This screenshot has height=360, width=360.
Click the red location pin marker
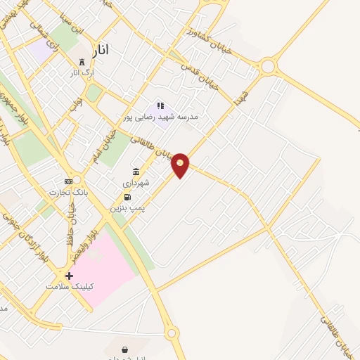click(181, 165)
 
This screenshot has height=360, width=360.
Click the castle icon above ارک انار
click(82, 62)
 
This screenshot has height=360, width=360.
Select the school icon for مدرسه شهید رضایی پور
click(160, 106)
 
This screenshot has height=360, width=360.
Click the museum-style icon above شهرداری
click(136, 172)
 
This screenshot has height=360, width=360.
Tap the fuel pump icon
click(127, 197)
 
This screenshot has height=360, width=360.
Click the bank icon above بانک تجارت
click(68, 181)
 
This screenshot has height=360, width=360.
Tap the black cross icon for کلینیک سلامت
click(69, 276)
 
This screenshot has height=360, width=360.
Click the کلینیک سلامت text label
click(70, 286)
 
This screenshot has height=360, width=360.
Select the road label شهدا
click(242, 95)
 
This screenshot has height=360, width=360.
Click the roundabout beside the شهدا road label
click(267, 67)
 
